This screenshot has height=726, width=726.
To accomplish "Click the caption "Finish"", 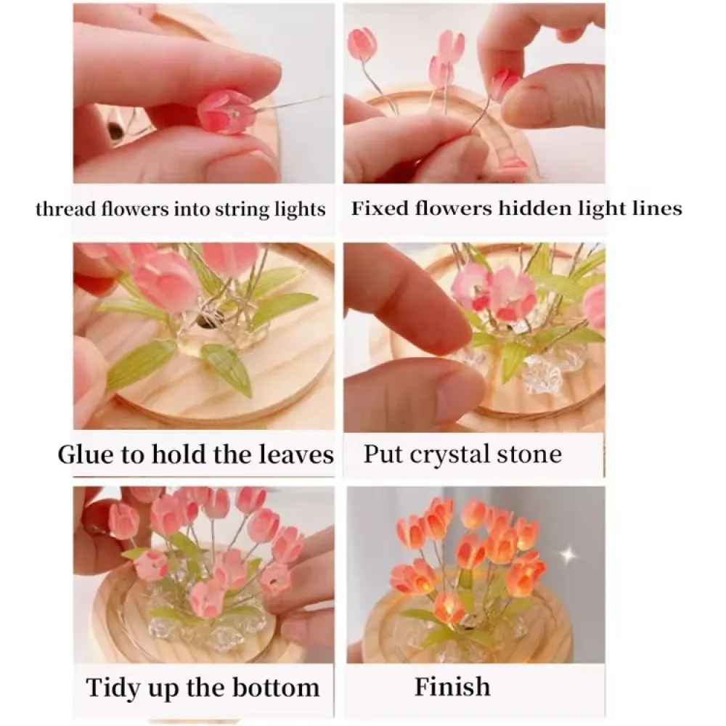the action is tap(452, 686).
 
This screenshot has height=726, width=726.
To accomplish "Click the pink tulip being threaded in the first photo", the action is tap(225, 113).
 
